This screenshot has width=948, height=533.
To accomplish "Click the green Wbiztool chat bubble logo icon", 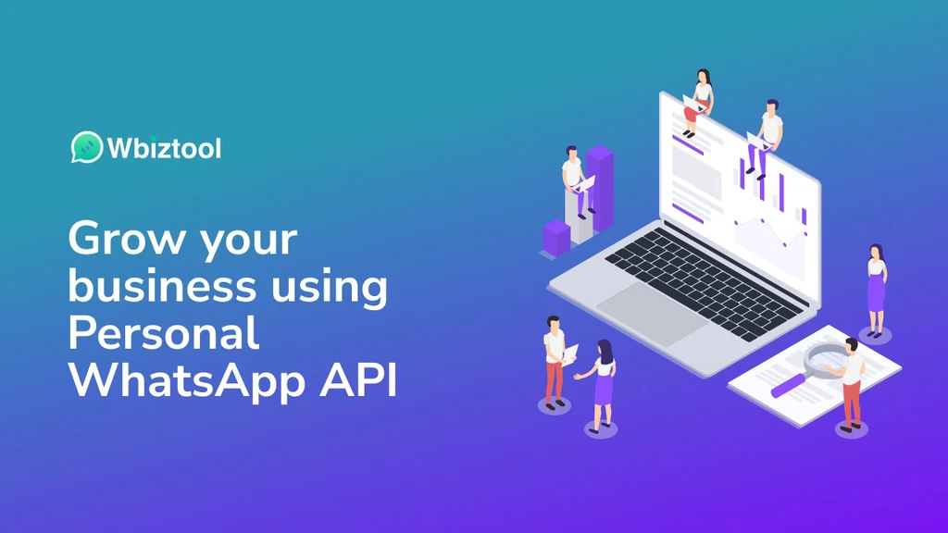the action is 86,147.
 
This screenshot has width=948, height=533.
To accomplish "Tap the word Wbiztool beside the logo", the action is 164,148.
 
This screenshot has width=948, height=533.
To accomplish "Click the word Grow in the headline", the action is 125,238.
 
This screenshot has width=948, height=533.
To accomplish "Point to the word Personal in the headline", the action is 164,333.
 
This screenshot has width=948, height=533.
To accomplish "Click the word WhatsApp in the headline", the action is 186,382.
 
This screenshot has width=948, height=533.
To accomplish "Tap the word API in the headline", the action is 358,380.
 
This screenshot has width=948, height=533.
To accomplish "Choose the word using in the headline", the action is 329,289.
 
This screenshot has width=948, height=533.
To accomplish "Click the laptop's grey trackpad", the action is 652,315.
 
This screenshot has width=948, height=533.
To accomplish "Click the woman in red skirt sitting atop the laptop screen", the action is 699,102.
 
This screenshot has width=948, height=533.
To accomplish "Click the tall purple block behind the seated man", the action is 599,187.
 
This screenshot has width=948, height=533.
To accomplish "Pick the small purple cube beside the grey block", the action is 556,237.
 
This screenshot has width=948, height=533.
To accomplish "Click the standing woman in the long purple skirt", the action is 876,290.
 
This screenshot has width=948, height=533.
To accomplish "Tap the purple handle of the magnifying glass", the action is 789,385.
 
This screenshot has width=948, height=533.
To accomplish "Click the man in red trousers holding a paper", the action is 556,363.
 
